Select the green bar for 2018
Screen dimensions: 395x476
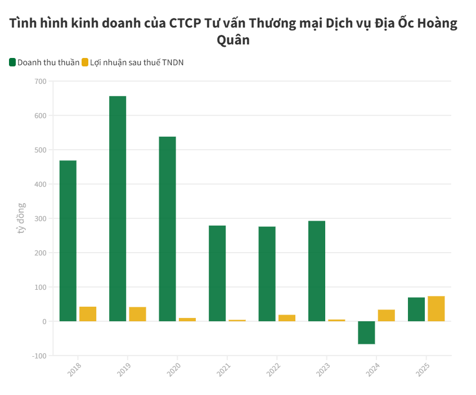[68, 241]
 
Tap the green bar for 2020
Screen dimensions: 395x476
[167, 228]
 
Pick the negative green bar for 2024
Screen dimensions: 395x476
[366, 333]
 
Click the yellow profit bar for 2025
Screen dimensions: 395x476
[436, 308]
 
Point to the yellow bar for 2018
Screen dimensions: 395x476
[88, 314]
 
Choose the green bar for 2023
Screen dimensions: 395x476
[317, 271]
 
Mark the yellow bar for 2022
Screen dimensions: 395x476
[287, 318]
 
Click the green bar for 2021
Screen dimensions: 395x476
[217, 273]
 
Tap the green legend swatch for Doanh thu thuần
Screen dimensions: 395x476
[12, 62]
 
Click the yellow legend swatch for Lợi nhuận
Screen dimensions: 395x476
[85, 62]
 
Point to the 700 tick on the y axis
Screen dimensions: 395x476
[40, 82]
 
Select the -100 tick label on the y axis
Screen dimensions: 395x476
[39, 356]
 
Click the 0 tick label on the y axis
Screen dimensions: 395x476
[43, 321]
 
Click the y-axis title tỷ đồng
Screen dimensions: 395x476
[21, 218]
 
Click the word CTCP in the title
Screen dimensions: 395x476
[186, 24]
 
